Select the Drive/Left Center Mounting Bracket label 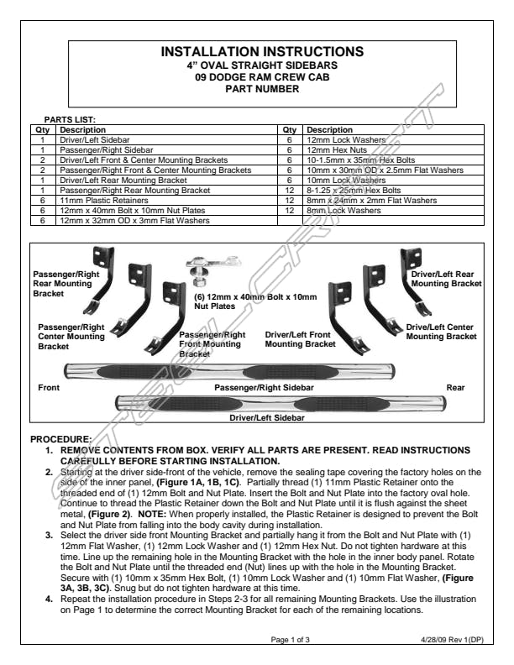[441, 331]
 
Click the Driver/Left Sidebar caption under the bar [266, 416]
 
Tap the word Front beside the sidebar [50, 387]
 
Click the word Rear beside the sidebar [455, 387]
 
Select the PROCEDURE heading [60, 439]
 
